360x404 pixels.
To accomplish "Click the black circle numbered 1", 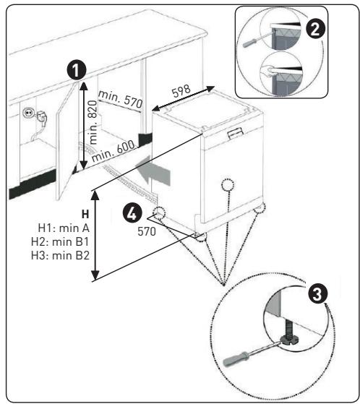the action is pos(77,70).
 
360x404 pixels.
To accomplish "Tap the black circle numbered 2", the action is pos(315,29).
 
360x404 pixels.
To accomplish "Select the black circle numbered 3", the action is pos(317,294).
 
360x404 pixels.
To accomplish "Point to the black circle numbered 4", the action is pos(132,213).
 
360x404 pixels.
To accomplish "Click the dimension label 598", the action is pos(181,90).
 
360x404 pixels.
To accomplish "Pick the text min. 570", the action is pos(120,100).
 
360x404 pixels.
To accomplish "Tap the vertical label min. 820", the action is pos(93,123).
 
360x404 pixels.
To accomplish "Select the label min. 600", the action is pos(113,151).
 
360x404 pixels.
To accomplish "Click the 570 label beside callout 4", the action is pos(147,231).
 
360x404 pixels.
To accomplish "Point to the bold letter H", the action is pos(85,215).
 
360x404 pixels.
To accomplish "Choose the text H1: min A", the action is pos(64,228).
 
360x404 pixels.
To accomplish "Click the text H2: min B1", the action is pos(60,242).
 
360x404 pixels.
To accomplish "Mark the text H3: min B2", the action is pos(60,256).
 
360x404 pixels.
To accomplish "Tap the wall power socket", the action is pos(27,113).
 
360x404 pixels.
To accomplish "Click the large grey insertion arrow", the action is pos(153,170).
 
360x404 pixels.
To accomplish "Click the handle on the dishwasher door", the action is pos(235,133).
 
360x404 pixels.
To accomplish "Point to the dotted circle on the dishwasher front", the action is pos(228,185).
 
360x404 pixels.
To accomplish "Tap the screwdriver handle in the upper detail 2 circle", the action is pos(250,43).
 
